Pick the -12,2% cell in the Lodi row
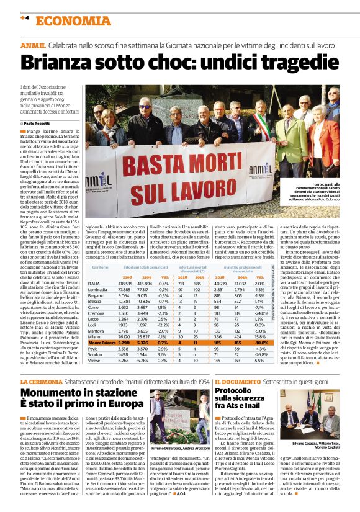(x=163, y=324)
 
